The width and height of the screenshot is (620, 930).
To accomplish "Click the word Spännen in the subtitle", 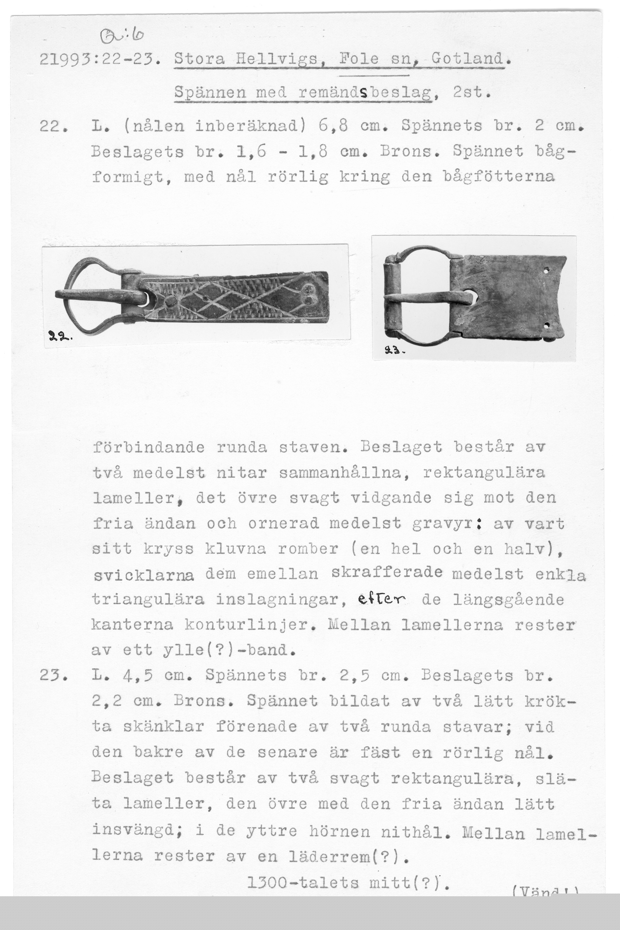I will point(210,92).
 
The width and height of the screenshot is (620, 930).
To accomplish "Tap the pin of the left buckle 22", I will point(99,295).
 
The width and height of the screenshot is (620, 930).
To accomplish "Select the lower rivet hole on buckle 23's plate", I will point(547,326).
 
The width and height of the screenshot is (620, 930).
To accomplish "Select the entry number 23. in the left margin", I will point(53,676).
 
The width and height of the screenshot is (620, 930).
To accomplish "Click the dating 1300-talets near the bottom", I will point(302,882).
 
